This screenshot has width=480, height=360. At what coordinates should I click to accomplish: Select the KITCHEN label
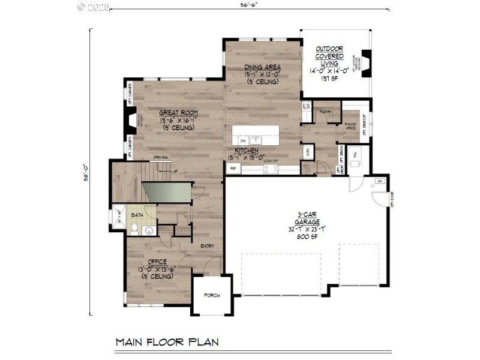pos(247,151)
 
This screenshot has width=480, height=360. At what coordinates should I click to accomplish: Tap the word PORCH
pos(211,295)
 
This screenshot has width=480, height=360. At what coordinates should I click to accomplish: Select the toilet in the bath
pos(135,228)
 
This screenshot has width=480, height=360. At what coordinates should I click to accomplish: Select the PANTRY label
pos(326,112)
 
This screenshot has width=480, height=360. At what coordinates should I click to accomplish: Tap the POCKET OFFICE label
pos(350,125)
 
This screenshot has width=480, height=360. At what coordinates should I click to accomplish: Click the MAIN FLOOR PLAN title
pos(167,342)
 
